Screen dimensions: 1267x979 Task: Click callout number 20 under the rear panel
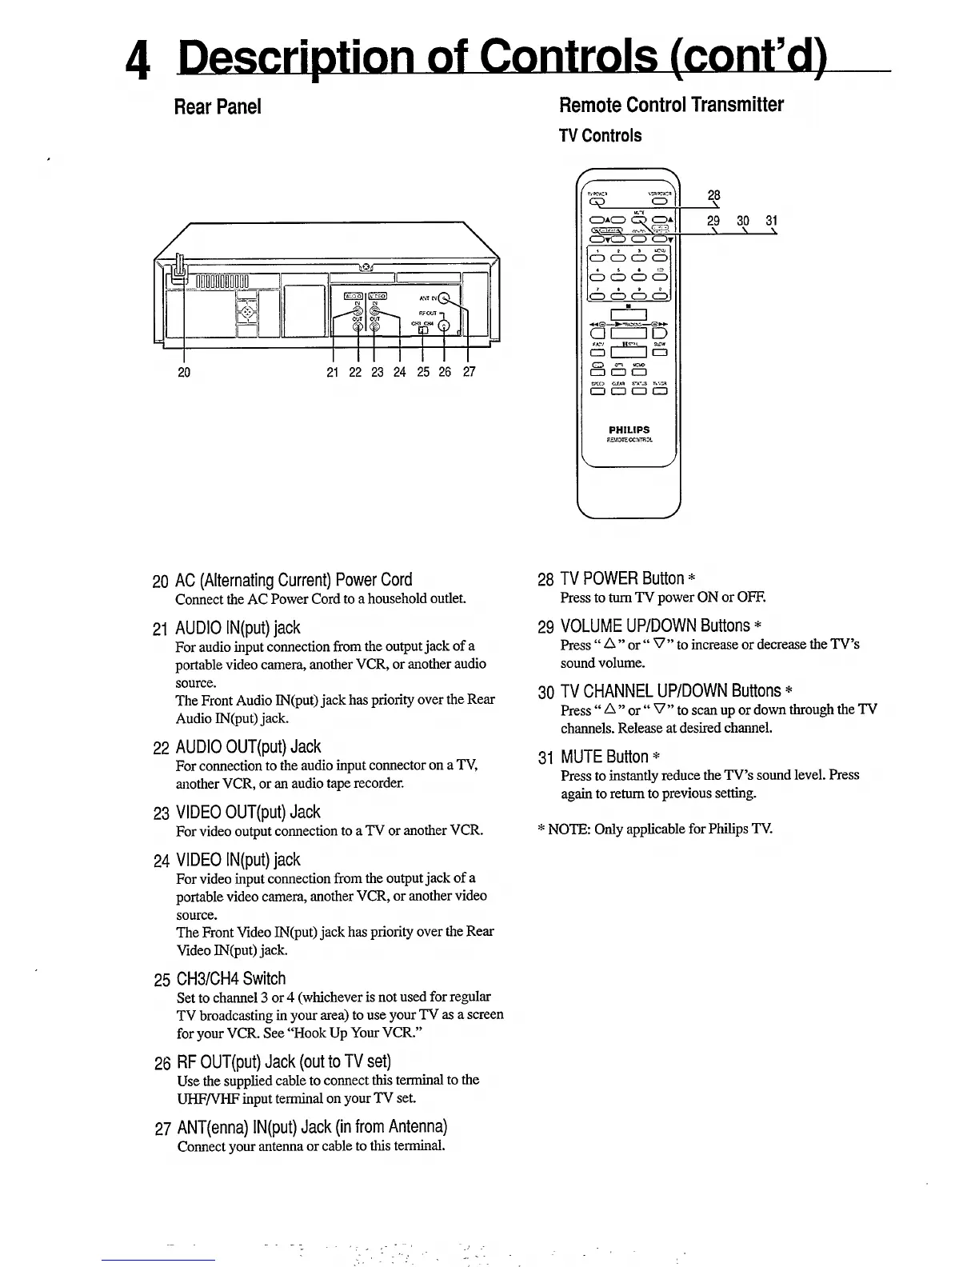pyautogui.click(x=184, y=372)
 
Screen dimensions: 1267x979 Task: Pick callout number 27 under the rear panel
pyautogui.click(x=469, y=372)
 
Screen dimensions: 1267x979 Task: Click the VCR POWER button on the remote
pyautogui.click(x=660, y=201)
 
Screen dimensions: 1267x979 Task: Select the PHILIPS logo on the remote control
pyautogui.click(x=629, y=430)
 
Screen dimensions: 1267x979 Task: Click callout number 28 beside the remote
pyautogui.click(x=714, y=195)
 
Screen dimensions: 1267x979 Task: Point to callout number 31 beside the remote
pyautogui.click(x=771, y=220)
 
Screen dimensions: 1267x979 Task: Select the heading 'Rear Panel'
pyautogui.click(x=218, y=106)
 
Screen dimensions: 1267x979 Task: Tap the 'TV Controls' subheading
pyautogui.click(x=600, y=136)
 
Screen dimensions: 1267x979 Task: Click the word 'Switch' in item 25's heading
pyautogui.click(x=264, y=978)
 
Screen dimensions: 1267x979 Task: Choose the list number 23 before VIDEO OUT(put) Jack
pyautogui.click(x=162, y=813)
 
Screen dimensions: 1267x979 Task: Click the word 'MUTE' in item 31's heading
pyautogui.click(x=581, y=757)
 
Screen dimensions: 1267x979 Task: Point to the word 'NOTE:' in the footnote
pyautogui.click(x=569, y=829)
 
